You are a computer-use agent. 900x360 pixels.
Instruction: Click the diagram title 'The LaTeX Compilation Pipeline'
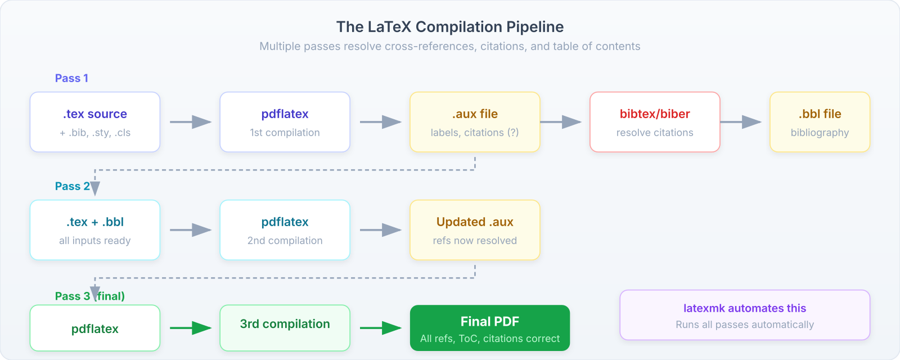(x=450, y=26)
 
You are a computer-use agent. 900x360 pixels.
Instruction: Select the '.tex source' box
(x=95, y=122)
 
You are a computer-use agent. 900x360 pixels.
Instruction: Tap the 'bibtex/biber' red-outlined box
(x=655, y=122)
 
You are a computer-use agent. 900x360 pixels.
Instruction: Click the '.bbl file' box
(x=820, y=122)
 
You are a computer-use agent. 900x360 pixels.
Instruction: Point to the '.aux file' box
(x=475, y=122)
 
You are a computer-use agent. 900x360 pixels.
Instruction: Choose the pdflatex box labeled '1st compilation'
(x=285, y=122)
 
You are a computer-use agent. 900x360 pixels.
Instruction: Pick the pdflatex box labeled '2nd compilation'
(x=285, y=230)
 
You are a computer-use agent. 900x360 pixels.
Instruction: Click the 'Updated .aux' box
(x=475, y=230)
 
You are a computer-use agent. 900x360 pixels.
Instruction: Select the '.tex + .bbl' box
(x=95, y=230)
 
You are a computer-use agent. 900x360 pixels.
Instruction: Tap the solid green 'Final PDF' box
(x=490, y=328)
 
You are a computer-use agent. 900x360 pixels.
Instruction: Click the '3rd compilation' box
(x=285, y=328)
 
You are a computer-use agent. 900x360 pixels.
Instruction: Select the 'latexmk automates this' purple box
(x=745, y=315)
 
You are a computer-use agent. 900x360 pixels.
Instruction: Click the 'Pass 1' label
(x=71, y=78)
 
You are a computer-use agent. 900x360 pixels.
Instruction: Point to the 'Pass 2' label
(x=72, y=186)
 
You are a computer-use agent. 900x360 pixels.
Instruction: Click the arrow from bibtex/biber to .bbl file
(x=741, y=122)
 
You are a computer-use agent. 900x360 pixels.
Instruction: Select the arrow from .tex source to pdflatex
(x=191, y=122)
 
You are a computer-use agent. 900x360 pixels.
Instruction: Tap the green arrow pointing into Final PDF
(x=381, y=328)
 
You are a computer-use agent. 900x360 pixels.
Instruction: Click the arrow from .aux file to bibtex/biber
(x=561, y=122)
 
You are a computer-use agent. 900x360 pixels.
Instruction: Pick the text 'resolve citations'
(x=655, y=133)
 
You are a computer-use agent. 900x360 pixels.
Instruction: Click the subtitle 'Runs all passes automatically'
(x=745, y=325)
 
